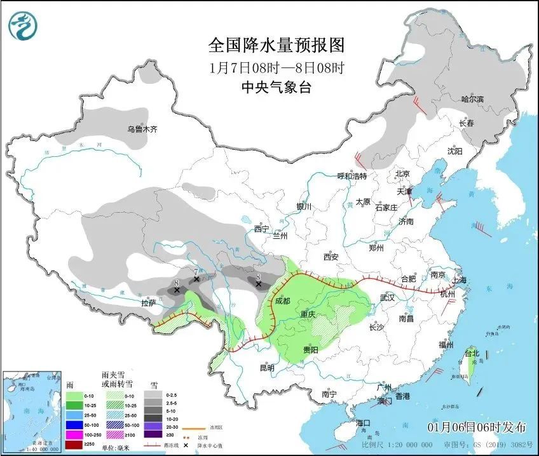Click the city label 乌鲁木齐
(x=141, y=129)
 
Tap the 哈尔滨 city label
(x=472, y=99)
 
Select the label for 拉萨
(x=149, y=303)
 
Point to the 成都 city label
(x=282, y=301)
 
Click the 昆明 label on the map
(x=266, y=368)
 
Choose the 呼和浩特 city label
(x=351, y=176)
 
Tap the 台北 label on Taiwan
(x=471, y=352)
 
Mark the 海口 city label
(x=363, y=423)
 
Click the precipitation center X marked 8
(x=177, y=290)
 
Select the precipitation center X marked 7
(x=196, y=279)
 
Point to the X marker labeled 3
(x=258, y=285)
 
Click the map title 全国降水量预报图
(x=276, y=45)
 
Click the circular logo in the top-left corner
(x=23, y=25)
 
